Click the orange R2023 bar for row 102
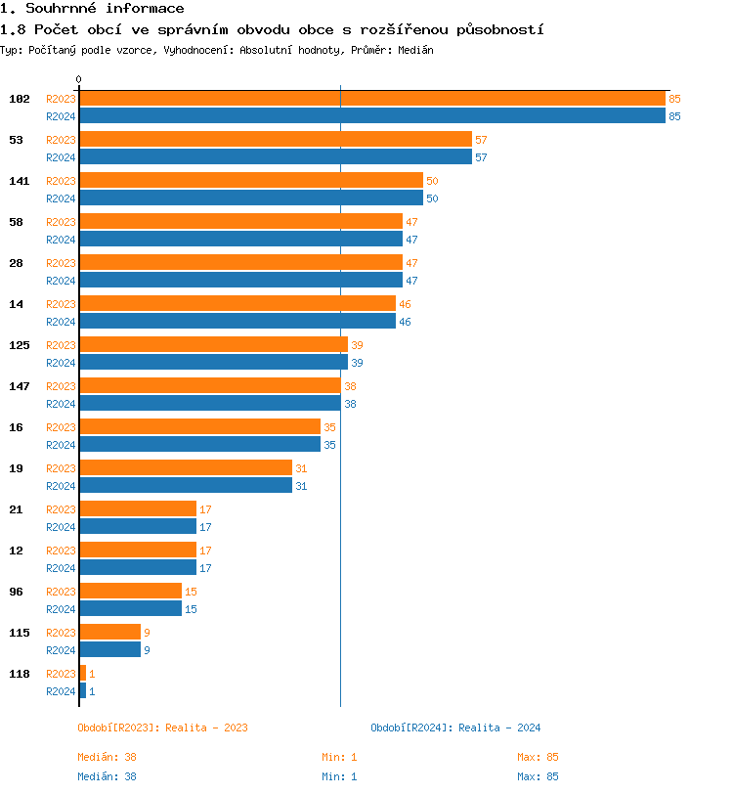click(371, 99)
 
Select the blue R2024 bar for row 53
click(275, 157)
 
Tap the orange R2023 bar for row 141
click(250, 181)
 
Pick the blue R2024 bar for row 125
click(213, 363)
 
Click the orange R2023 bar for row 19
click(185, 468)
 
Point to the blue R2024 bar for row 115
click(109, 650)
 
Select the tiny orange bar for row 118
click(82, 674)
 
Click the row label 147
click(19, 386)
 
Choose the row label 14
click(16, 304)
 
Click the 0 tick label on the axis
click(79, 80)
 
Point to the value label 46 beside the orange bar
click(405, 305)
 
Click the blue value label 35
click(329, 445)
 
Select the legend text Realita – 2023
click(206, 728)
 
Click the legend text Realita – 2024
click(499, 728)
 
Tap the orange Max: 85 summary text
click(538, 757)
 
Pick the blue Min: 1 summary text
click(339, 776)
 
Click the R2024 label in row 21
click(61, 527)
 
